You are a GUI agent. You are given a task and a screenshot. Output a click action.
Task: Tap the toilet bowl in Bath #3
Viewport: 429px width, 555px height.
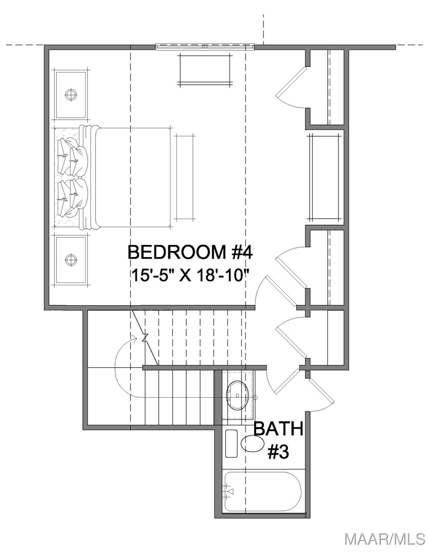point(253,443)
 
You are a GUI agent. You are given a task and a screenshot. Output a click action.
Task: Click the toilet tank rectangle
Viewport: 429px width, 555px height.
point(232,443)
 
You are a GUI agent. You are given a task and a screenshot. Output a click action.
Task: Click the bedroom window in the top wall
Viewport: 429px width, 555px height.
point(205,47)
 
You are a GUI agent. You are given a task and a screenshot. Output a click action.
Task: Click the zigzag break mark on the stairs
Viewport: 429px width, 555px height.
point(145,338)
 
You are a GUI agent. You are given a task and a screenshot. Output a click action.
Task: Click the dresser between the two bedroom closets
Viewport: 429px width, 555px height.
point(325,177)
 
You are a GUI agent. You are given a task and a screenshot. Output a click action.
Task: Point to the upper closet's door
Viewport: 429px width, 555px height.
point(291,86)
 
